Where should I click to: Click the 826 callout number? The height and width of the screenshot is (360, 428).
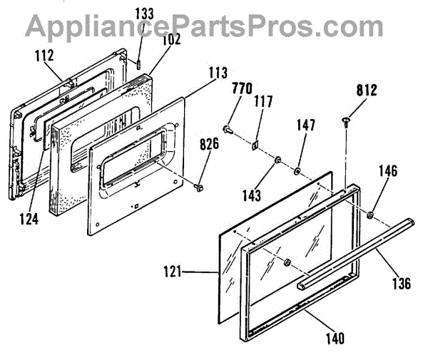tap(208, 143)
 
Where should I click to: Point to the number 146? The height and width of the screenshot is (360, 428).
tap(388, 172)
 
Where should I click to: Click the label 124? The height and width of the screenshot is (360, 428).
tap(28, 220)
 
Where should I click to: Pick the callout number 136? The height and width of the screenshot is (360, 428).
tap(401, 284)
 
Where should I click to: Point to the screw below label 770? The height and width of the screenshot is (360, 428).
tap(227, 129)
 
